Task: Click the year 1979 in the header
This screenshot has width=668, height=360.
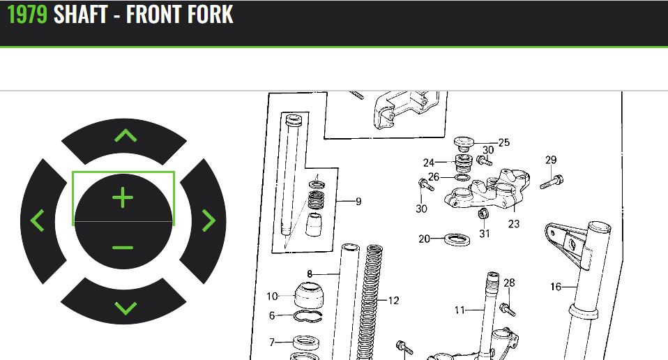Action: pos(27,14)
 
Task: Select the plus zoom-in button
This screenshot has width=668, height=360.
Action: pos(123,197)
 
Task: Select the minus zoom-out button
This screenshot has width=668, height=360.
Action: pos(123,246)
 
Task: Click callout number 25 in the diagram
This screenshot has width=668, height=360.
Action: pos(503,142)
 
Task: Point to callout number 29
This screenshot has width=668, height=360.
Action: pos(551,160)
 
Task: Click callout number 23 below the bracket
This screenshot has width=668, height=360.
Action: pos(514,224)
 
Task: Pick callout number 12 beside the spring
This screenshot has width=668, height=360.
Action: pos(394,301)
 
